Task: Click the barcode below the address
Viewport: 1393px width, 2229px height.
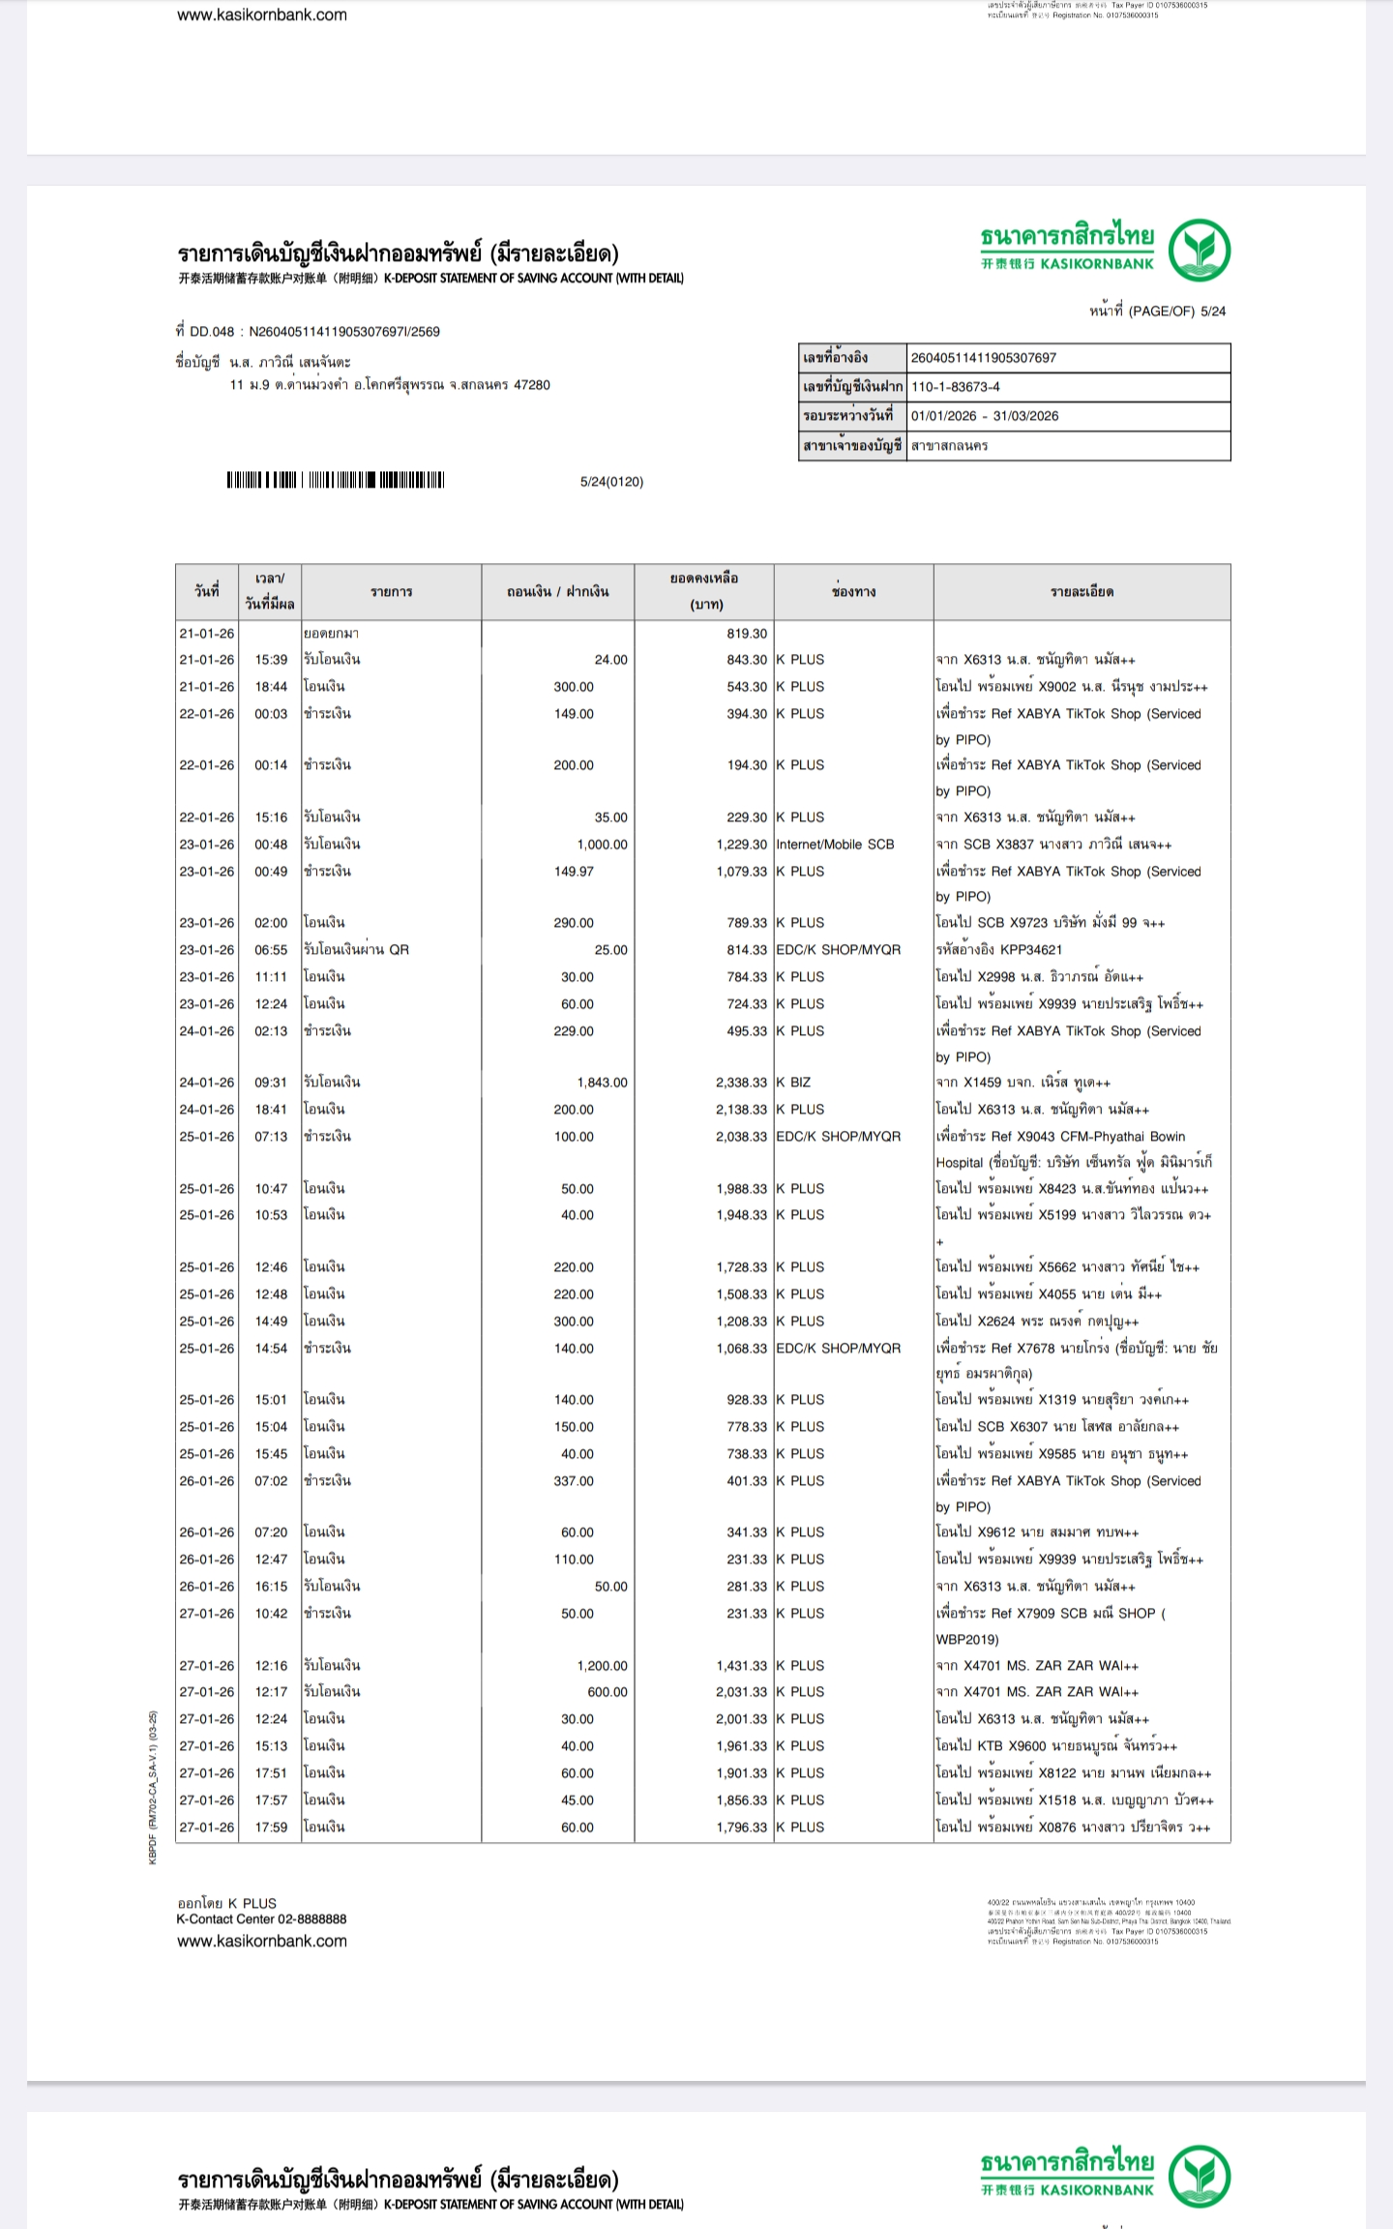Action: [336, 480]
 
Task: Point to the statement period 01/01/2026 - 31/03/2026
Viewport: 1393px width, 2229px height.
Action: [985, 416]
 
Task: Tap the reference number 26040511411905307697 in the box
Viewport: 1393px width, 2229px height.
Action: [984, 358]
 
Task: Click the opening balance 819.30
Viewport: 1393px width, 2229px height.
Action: [747, 634]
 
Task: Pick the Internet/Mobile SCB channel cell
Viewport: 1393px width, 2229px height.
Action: [835, 845]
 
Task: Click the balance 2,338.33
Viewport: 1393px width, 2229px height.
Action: [741, 1083]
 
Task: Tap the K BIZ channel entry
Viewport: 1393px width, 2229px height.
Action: [793, 1083]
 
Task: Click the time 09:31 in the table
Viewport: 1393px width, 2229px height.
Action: [271, 1083]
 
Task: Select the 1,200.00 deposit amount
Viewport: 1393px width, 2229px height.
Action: [602, 1666]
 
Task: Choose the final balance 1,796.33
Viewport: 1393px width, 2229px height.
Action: [741, 1828]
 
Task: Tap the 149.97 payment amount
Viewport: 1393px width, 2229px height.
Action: [574, 872]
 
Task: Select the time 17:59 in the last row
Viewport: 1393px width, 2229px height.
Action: [271, 1828]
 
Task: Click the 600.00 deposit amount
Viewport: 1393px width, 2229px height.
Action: [608, 1692]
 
